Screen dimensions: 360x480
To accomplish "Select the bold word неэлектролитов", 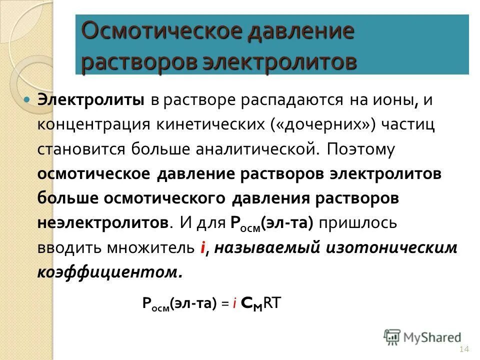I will (x=102, y=222).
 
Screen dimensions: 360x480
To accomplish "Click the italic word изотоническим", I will (x=391, y=247).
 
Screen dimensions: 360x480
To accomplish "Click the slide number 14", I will (x=463, y=348).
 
